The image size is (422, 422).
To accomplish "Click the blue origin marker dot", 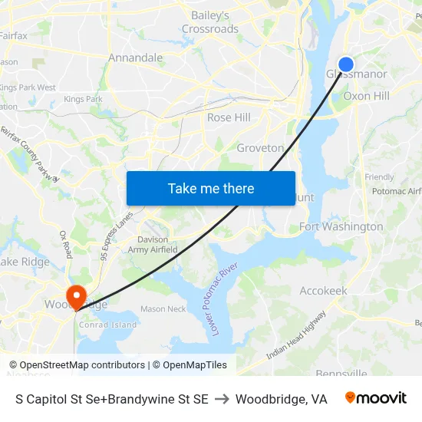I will [346, 64].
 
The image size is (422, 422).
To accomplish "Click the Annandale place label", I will [135, 58].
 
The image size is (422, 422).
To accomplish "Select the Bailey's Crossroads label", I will [209, 22].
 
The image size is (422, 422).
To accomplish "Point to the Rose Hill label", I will [229, 117].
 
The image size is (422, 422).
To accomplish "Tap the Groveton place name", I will [260, 147].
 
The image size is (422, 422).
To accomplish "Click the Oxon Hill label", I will [366, 96].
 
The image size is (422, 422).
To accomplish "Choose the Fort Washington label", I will [341, 226].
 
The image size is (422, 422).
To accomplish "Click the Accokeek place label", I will [323, 291].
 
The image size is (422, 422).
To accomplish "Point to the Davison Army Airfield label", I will [153, 245].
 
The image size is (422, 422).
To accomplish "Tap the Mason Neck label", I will [163, 309].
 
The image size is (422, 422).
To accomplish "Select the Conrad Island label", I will [108, 325].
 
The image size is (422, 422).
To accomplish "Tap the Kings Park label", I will [83, 99].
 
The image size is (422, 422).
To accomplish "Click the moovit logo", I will [375, 398].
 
